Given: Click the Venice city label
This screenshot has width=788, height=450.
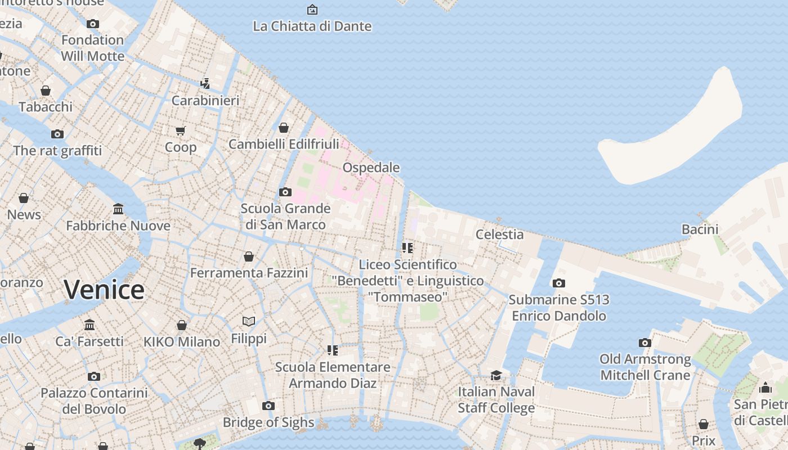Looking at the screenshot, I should coord(104,290).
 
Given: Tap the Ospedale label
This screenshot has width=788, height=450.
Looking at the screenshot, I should coord(371,168).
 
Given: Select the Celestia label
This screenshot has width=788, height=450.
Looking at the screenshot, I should coord(499,234).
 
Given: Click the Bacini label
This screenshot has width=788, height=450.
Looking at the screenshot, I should coord(700,229).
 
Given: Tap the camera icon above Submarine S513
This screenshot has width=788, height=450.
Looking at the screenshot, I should coord(558,283).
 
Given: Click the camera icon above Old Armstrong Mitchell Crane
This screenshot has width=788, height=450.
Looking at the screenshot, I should coord(644,343).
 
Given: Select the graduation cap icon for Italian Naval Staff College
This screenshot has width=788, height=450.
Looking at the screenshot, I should coord(496,375).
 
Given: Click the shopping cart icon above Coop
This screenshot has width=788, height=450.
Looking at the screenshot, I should coord(181,130).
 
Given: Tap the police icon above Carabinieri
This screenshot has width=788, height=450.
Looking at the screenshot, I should coord(205,84).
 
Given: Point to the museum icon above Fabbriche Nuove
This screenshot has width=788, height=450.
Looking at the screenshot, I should coord(118,209).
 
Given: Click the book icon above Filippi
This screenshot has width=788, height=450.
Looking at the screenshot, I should coord(249,321).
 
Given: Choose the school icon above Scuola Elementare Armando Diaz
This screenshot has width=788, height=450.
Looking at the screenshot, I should coord(333,350).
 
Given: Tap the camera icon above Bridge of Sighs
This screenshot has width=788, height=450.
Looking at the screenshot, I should coord(268,406).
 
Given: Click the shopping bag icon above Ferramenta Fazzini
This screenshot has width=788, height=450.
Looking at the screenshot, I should coord(249,256).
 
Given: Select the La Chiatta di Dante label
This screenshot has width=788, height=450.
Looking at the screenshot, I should coord(312,26).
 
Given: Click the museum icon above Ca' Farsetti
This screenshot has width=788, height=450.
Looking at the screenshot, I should coord(89,325).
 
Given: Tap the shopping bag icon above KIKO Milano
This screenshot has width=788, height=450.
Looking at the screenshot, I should coord(182,325).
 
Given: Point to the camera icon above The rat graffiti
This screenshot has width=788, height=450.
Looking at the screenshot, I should coord(57,134).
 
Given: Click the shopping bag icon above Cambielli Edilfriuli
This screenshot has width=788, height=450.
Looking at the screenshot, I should coord(284,128).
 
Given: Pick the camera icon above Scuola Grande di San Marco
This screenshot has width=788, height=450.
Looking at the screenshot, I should coord(285,192).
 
